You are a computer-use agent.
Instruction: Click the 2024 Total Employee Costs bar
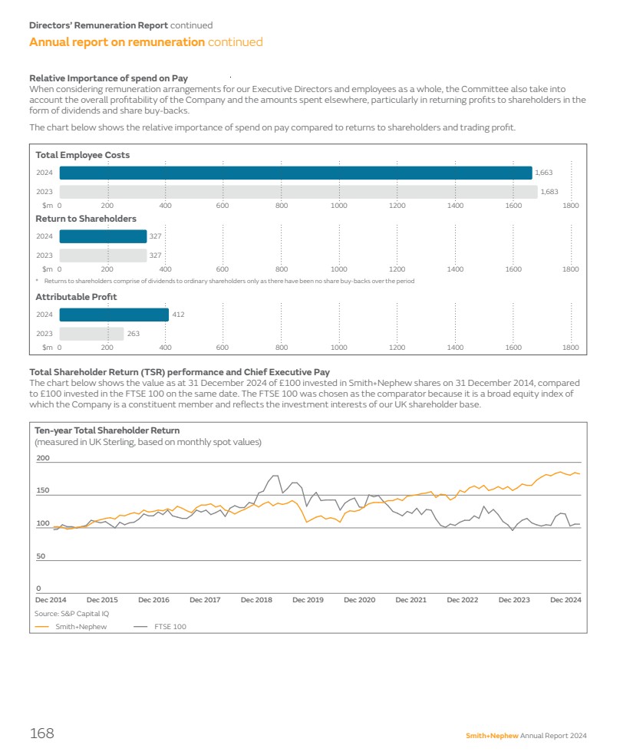(x=295, y=173)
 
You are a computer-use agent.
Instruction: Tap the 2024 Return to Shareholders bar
(x=103, y=236)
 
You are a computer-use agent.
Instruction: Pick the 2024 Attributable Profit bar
(x=114, y=315)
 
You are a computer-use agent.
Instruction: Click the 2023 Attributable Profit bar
(x=91, y=334)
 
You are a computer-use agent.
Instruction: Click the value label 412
(x=178, y=315)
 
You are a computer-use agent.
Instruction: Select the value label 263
(x=134, y=334)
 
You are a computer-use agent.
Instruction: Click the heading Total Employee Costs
(x=83, y=155)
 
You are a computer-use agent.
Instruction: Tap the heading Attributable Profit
(x=76, y=297)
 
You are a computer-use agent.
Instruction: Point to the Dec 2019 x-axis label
(x=308, y=600)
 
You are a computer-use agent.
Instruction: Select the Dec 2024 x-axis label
(x=565, y=600)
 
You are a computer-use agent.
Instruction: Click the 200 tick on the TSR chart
(x=43, y=458)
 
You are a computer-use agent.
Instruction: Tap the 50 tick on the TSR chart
(x=41, y=556)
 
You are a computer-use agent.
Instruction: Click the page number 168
(x=41, y=734)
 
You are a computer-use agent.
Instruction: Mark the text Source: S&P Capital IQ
(x=71, y=614)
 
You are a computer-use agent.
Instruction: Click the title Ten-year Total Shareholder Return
(x=107, y=430)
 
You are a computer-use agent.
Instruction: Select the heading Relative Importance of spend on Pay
(x=108, y=78)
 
